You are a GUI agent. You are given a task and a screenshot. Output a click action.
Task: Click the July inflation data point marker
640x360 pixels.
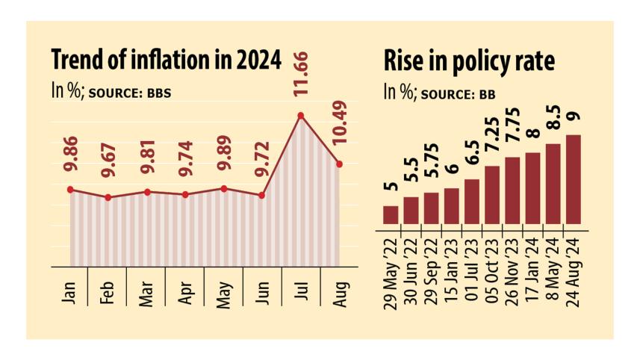click(301, 115)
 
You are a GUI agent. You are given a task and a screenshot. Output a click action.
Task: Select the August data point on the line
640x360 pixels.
click(339, 164)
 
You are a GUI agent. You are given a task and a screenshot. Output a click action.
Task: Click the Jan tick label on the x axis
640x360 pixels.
click(70, 289)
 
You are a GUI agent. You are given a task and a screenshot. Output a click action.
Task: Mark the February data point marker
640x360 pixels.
click(109, 197)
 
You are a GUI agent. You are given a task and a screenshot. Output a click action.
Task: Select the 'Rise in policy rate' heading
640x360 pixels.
click(469, 61)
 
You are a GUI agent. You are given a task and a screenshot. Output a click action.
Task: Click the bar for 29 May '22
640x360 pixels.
click(391, 214)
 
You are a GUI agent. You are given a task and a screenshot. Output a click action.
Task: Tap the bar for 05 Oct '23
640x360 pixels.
click(493, 194)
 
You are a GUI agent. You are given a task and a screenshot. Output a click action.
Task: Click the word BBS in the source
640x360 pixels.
click(169, 93)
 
